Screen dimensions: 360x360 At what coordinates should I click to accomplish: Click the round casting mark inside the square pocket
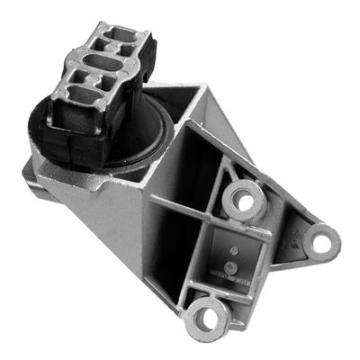coord(231,268)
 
